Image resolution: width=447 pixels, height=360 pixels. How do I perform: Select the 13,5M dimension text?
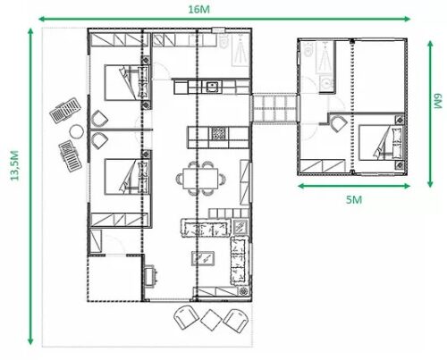(13, 165)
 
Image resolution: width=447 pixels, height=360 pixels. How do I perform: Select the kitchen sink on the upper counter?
(212, 87)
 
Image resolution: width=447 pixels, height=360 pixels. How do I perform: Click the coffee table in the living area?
(203, 259)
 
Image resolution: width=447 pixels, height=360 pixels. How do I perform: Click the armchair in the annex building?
(336, 123)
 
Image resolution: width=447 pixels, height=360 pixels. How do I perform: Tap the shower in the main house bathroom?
(240, 53)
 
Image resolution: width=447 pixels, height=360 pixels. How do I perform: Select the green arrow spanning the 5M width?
(354, 187)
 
